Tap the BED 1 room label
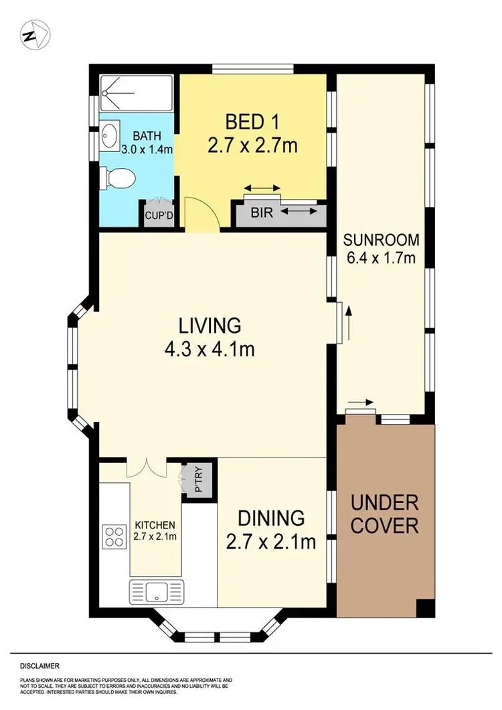(252, 122)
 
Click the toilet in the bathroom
(118, 178)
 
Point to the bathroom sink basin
(110, 137)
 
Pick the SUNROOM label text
(381, 240)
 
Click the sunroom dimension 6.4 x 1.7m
(381, 258)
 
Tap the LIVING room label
(210, 326)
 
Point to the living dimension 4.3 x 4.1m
(210, 349)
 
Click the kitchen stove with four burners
(114, 536)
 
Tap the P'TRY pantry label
(199, 480)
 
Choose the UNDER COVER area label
(385, 514)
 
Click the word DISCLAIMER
(39, 666)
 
